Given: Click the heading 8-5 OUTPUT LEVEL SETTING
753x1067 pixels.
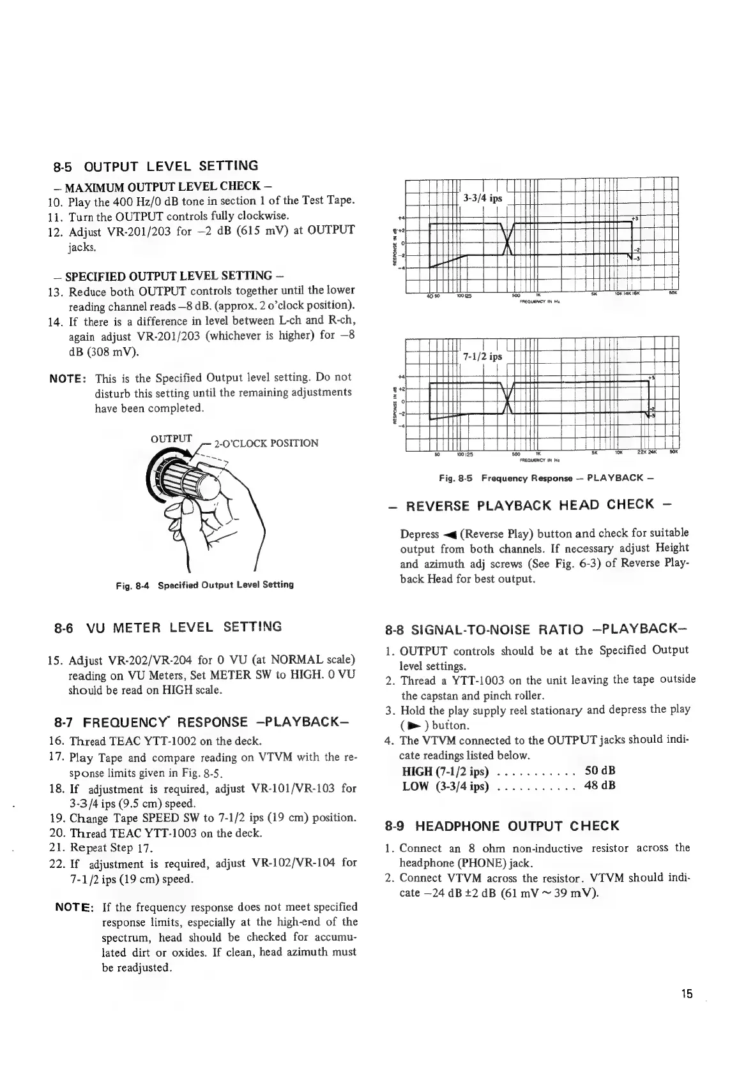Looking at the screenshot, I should pyautogui.click(x=156, y=167).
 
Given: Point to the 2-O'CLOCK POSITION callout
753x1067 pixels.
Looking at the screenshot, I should pyautogui.click(x=266, y=443).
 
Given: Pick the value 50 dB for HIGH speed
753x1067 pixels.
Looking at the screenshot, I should pyautogui.click(x=600, y=771).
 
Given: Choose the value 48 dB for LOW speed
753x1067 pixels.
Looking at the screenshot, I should pyautogui.click(x=600, y=786).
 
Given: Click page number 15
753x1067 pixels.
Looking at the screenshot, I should pyautogui.click(x=687, y=1011).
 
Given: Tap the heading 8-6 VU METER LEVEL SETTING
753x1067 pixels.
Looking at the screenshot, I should pyautogui.click(x=167, y=627).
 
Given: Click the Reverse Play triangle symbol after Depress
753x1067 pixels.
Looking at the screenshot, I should pyautogui.click(x=448, y=535).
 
